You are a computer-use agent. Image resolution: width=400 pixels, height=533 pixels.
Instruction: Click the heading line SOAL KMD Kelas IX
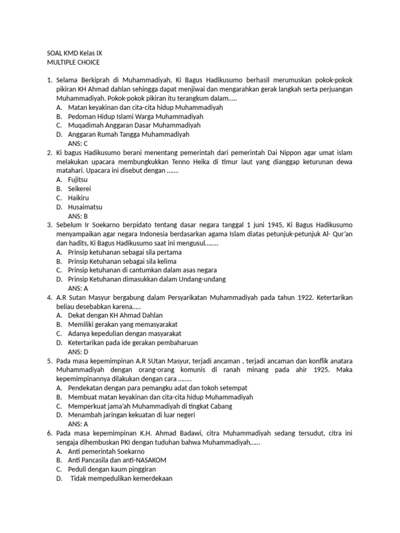74,53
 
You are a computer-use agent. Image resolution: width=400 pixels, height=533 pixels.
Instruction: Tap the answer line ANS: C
78,143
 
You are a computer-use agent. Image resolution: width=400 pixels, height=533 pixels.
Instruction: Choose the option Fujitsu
78,180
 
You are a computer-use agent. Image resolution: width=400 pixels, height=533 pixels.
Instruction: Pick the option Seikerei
80,188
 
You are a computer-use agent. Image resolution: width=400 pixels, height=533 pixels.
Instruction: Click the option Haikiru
79,198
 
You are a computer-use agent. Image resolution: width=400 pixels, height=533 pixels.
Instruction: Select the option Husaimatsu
85,207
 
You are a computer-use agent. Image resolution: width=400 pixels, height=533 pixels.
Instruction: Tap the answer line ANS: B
78,215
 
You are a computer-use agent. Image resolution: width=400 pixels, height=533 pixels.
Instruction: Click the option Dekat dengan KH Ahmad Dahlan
115,315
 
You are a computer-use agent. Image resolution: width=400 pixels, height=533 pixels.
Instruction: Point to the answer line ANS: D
78,351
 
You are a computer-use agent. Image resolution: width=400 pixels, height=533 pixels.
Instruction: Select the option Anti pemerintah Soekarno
106,451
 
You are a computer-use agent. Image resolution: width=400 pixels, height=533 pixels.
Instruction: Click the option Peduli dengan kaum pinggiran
112,469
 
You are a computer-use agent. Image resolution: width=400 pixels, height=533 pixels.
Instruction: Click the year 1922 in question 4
305,297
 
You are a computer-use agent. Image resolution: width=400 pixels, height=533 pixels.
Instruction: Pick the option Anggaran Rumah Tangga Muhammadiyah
129,134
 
